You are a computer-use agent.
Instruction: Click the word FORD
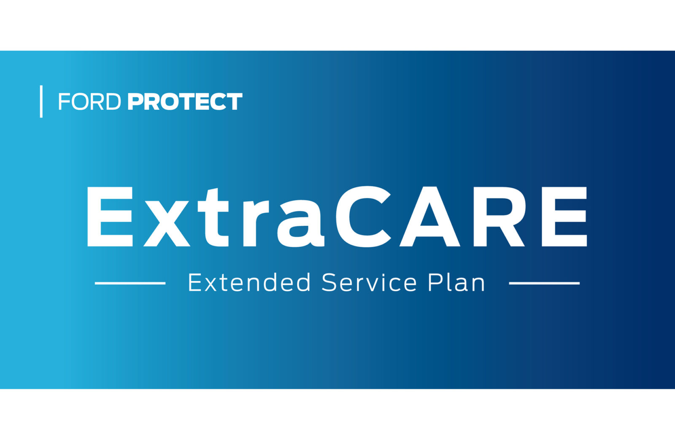(x=89, y=101)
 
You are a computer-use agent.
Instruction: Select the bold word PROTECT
(x=185, y=101)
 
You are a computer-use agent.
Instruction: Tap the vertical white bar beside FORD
(x=41, y=101)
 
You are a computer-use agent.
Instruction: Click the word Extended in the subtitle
(x=249, y=282)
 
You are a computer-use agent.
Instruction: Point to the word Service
(x=369, y=282)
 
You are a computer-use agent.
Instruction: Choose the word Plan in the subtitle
(x=456, y=282)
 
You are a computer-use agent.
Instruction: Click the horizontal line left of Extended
(x=130, y=283)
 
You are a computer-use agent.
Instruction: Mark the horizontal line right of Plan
(x=544, y=283)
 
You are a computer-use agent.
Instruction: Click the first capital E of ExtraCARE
(x=110, y=217)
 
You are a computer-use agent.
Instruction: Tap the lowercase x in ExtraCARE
(x=167, y=224)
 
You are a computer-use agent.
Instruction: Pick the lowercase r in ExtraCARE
(x=256, y=223)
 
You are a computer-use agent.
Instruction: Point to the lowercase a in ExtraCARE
(x=300, y=224)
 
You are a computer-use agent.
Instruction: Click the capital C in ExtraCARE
(x=363, y=217)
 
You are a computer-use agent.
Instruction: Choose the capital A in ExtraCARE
(x=430, y=217)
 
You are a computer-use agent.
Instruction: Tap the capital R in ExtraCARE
(x=499, y=217)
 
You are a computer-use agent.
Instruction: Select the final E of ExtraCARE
(x=564, y=217)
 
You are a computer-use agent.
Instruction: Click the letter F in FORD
(x=64, y=101)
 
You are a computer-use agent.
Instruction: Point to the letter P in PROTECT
(x=135, y=101)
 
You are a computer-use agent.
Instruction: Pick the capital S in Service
(x=329, y=282)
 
